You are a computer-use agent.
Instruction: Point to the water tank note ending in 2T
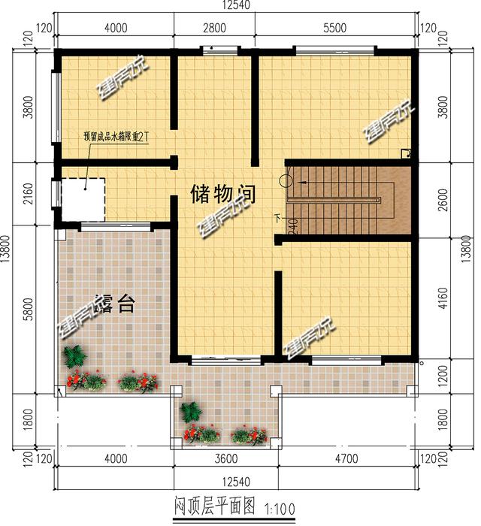click(x=117, y=138)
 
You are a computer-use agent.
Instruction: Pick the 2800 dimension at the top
click(x=214, y=29)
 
